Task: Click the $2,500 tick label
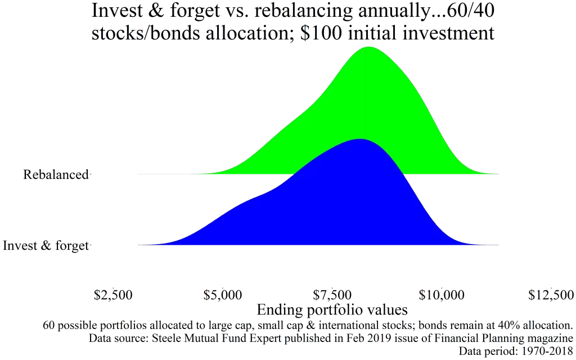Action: click(112, 294)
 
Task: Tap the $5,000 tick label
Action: click(223, 294)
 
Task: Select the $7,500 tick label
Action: click(332, 294)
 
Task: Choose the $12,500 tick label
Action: click(552, 294)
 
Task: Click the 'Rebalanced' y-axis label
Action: click(56, 174)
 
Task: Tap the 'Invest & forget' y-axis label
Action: click(47, 245)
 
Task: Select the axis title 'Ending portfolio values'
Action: click(332, 310)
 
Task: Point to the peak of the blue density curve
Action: click(359, 138)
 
